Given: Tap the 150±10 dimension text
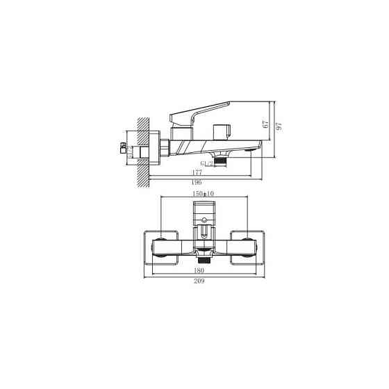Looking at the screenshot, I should pyautogui.click(x=204, y=194).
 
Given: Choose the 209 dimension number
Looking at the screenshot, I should pyautogui.click(x=204, y=283).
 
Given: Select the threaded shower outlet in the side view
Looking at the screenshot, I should pyautogui.click(x=222, y=160).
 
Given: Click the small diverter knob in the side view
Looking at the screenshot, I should pyautogui.click(x=223, y=131).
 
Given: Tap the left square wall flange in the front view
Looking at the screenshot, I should pyautogui.click(x=160, y=247).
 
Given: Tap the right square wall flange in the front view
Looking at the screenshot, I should pyautogui.click(x=247, y=247).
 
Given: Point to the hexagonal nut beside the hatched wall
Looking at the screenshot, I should pyautogui.click(x=164, y=149).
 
